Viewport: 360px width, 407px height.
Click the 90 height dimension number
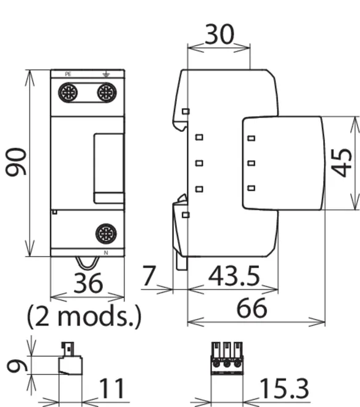16,162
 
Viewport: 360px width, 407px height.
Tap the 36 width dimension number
88,283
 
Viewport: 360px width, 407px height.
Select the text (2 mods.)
84,316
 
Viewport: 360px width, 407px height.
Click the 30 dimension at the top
219,34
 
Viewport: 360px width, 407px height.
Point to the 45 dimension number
342,163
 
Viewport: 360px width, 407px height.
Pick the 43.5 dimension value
234,276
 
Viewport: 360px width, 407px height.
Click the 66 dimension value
252,308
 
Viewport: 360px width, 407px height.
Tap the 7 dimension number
149,275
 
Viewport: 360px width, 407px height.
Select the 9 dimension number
17,366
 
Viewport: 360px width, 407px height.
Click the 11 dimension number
112,389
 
